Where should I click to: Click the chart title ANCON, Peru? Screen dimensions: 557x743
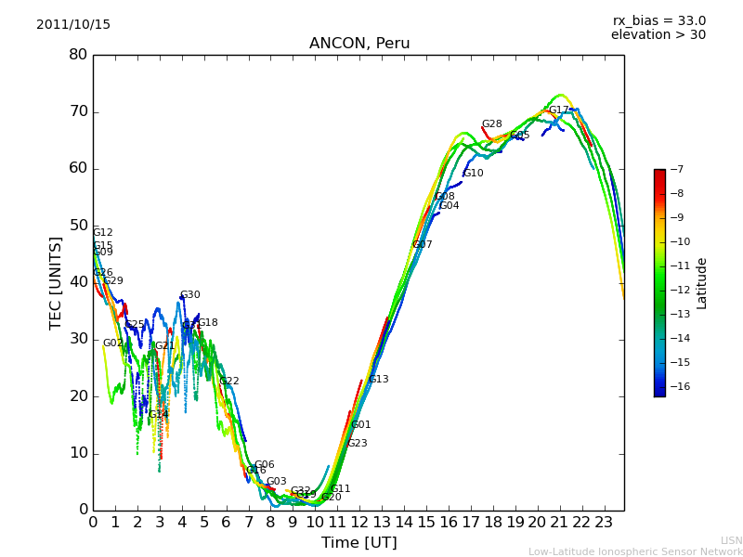click(x=359, y=44)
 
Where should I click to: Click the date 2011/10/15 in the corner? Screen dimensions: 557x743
click(x=73, y=25)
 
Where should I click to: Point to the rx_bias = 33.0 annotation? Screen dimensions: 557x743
click(x=658, y=21)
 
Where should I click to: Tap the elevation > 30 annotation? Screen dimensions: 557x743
click(x=658, y=35)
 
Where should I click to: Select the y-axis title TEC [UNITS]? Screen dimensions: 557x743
click(x=56, y=282)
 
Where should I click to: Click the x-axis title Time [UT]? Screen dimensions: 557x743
click(x=358, y=543)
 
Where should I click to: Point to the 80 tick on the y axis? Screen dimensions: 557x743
click(x=78, y=55)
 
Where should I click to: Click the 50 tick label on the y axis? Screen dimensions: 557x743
click(x=78, y=226)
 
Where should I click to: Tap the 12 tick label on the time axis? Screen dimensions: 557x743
click(x=359, y=522)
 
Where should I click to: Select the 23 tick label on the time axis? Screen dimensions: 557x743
click(x=604, y=522)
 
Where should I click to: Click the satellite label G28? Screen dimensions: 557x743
click(x=491, y=124)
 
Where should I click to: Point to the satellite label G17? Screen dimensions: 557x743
click(x=558, y=110)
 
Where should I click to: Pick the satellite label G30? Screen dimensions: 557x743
click(x=189, y=295)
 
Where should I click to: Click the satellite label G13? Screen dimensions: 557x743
click(x=379, y=380)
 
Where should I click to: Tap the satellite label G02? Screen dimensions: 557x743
click(x=112, y=343)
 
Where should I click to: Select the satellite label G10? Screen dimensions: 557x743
click(x=473, y=174)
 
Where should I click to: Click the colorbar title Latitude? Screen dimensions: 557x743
click(x=702, y=282)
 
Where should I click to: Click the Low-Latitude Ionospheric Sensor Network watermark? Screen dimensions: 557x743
click(x=635, y=551)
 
